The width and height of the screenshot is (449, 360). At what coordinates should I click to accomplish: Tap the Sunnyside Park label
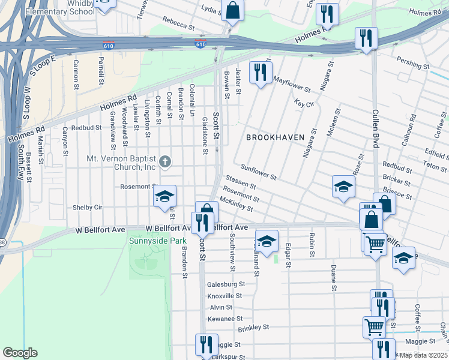point(150,241)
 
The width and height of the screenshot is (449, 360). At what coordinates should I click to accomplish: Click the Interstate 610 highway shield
point(200,44)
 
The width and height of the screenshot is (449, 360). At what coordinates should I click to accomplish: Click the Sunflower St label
point(258,173)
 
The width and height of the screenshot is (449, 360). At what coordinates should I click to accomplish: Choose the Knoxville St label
point(224,295)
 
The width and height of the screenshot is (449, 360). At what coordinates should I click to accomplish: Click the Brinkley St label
point(255,328)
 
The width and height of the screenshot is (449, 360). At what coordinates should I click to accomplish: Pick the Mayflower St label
point(291,83)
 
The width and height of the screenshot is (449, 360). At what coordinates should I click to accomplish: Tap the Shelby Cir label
point(88,207)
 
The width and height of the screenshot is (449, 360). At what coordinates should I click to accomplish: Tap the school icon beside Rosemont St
point(164,197)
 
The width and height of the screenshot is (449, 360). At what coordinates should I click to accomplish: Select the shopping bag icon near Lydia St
point(232,10)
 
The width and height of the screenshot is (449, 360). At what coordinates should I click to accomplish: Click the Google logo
point(20,353)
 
